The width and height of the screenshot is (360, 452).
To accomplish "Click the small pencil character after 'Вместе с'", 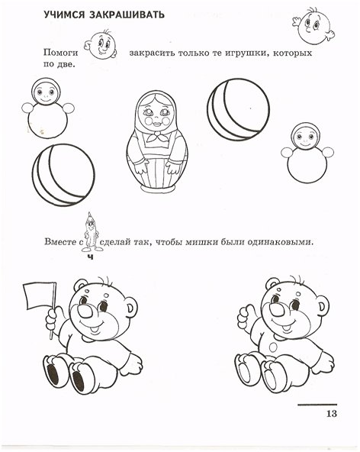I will click(91, 233).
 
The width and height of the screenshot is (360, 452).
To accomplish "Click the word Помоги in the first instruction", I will click(60, 53).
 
